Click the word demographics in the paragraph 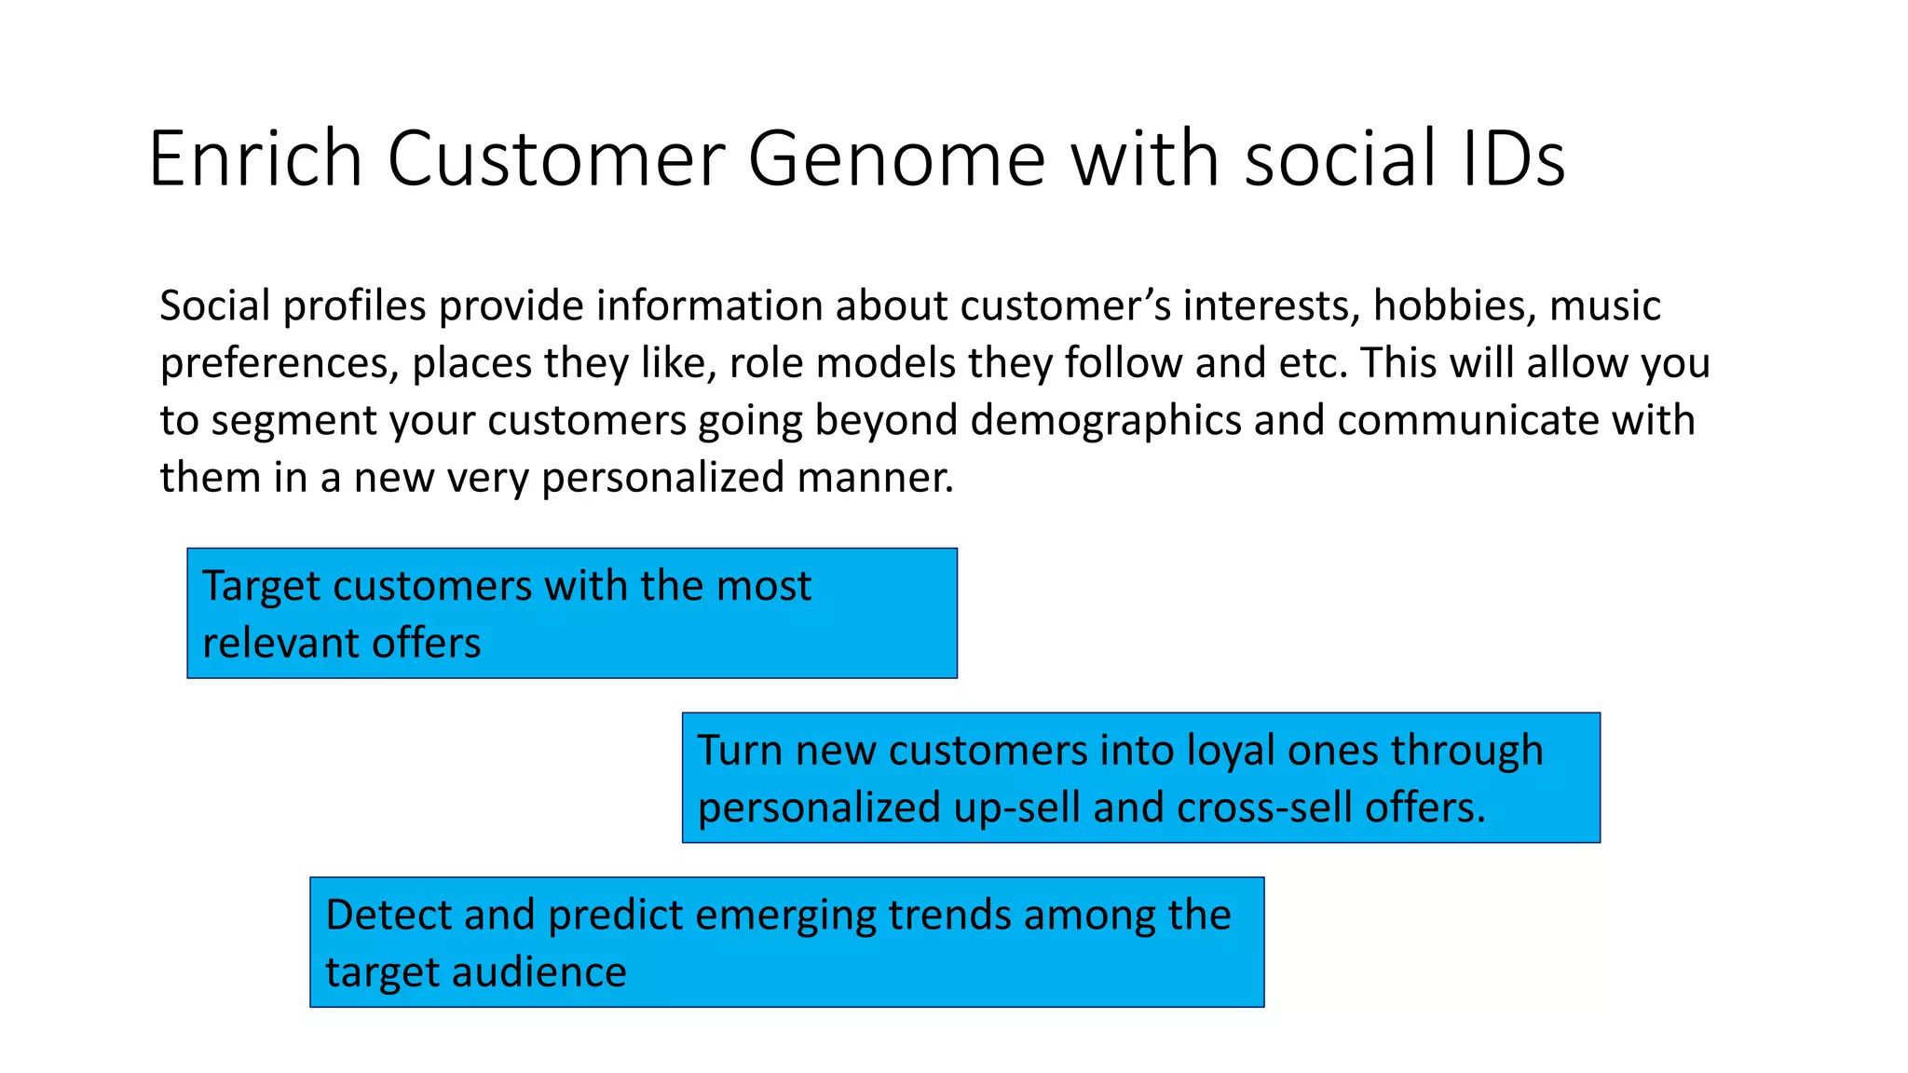1106,421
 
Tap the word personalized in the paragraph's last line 663,478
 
